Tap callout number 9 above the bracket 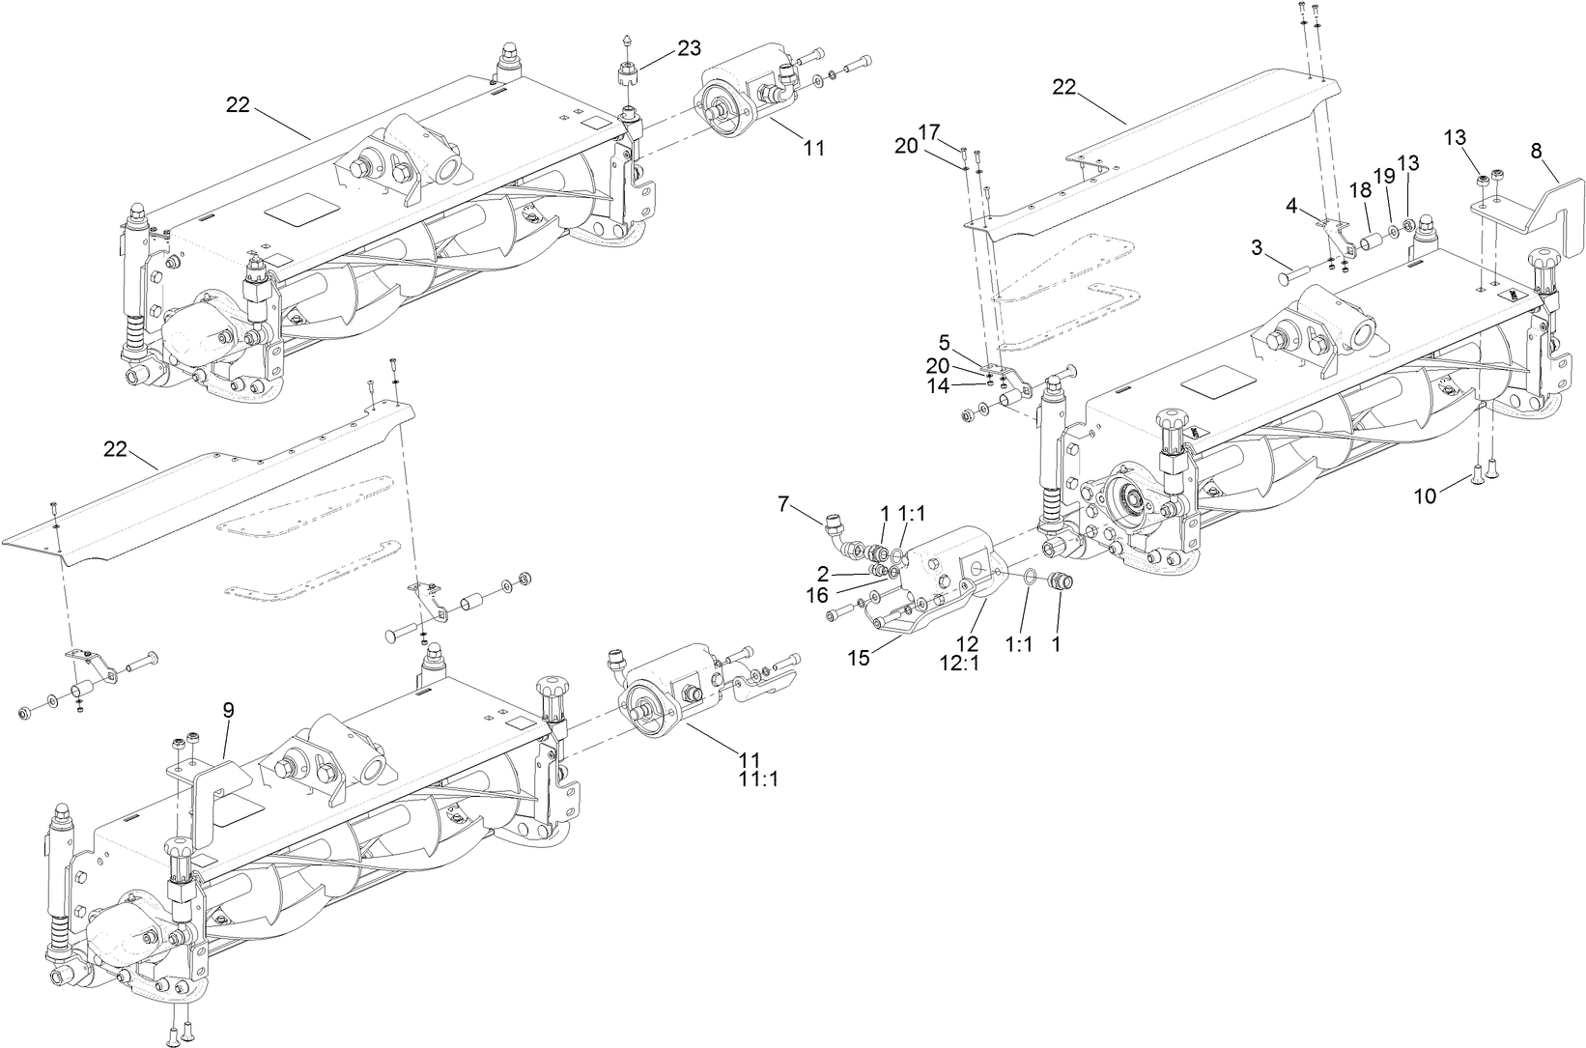pyautogui.click(x=228, y=710)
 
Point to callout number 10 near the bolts pyautogui.click(x=1425, y=496)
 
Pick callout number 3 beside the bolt pyautogui.click(x=1257, y=247)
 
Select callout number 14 pyautogui.click(x=938, y=385)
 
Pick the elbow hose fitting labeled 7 pyautogui.click(x=836, y=531)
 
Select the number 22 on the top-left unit pyautogui.click(x=238, y=105)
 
